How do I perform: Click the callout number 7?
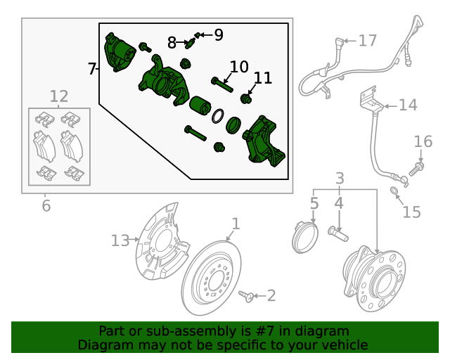click(91, 69)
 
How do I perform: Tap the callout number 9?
click(218, 34)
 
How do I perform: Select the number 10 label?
click(239, 67)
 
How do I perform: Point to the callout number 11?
click(262, 78)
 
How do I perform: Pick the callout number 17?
click(368, 41)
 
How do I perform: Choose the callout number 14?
click(408, 105)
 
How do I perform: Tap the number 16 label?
click(423, 143)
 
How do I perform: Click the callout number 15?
click(411, 211)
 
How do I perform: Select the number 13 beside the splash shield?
click(121, 241)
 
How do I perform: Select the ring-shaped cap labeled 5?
click(304, 236)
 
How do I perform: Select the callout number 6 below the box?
click(46, 206)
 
